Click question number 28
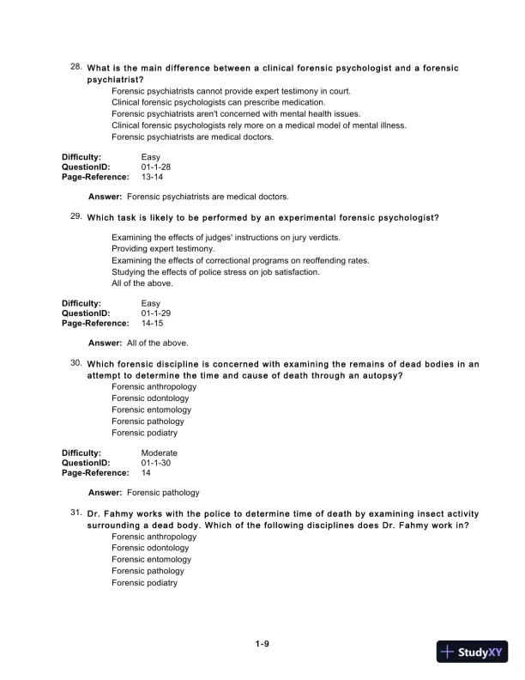click(75, 66)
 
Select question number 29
click(75, 216)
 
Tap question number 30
click(75, 363)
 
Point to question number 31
click(75, 511)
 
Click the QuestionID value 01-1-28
click(156, 167)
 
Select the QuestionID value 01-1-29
click(156, 313)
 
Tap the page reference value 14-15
click(152, 324)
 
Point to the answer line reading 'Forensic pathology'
click(163, 493)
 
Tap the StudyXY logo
click(470, 652)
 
